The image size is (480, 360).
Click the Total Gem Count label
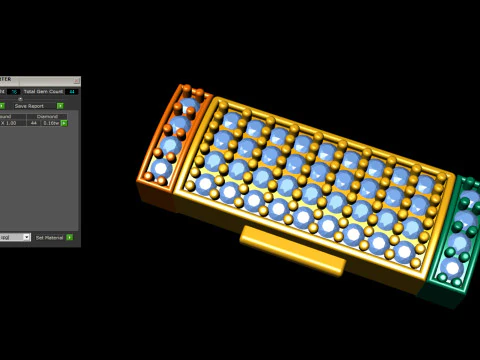point(42,91)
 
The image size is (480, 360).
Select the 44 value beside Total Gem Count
point(72,91)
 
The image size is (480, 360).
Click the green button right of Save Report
point(60,105)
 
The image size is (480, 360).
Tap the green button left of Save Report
point(2,105)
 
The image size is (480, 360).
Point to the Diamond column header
point(47,116)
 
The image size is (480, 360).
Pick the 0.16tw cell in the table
point(51,123)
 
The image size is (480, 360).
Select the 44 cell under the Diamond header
point(33,123)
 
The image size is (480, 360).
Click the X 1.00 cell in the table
point(10,123)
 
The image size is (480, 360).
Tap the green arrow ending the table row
point(65,123)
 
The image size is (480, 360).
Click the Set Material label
point(48,237)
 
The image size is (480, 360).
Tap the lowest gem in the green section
point(451,268)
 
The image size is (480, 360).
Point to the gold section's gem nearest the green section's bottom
point(404,253)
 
